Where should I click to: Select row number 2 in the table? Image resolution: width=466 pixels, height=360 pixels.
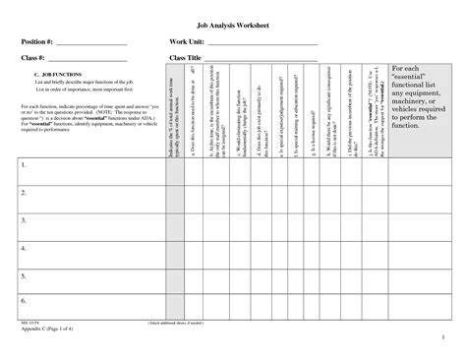tap(24, 194)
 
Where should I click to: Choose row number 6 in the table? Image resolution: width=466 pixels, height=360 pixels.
tap(24, 300)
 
